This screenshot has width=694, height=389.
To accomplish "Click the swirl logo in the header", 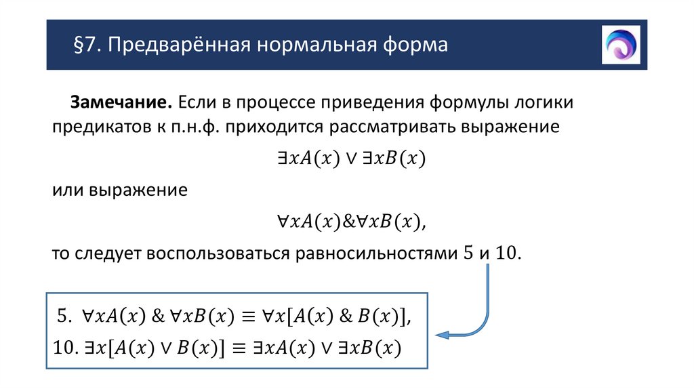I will (620, 45).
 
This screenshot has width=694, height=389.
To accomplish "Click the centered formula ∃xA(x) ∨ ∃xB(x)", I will (350, 159).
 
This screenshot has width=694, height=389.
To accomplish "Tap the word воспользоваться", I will (216, 253).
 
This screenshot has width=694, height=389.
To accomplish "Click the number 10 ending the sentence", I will (507, 253).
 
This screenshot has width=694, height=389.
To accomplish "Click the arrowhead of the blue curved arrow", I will (441, 334).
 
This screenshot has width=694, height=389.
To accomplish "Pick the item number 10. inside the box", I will (67, 348).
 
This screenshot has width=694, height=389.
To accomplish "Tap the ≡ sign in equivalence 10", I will (238, 348).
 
